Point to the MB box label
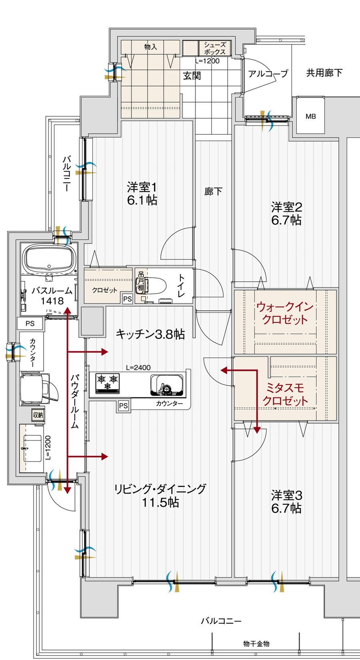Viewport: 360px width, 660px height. pyautogui.click(x=310, y=116)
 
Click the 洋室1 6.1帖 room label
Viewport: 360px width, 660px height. pyautogui.click(x=142, y=193)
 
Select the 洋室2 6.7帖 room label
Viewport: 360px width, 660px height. pyautogui.click(x=286, y=213)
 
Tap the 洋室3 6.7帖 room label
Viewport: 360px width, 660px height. pyautogui.click(x=286, y=502)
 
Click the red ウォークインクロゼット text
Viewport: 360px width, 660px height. pyautogui.click(x=285, y=313)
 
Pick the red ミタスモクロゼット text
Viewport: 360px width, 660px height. pyautogui.click(x=285, y=394)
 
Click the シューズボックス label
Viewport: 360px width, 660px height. pyautogui.click(x=215, y=48)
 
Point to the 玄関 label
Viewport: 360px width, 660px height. pyautogui.click(x=192, y=76)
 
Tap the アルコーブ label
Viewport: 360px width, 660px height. pyautogui.click(x=268, y=74)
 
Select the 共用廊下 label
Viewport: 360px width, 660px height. pyautogui.click(x=324, y=73)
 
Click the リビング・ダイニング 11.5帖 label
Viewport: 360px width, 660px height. pyautogui.click(x=160, y=495)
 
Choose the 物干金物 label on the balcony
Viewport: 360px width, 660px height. pyautogui.click(x=256, y=644)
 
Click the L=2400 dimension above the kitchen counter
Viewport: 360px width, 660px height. pyautogui.click(x=138, y=368)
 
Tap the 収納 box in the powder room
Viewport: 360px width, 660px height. pyautogui.click(x=38, y=415)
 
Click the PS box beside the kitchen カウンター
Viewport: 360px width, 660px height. pyautogui.click(x=123, y=406)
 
